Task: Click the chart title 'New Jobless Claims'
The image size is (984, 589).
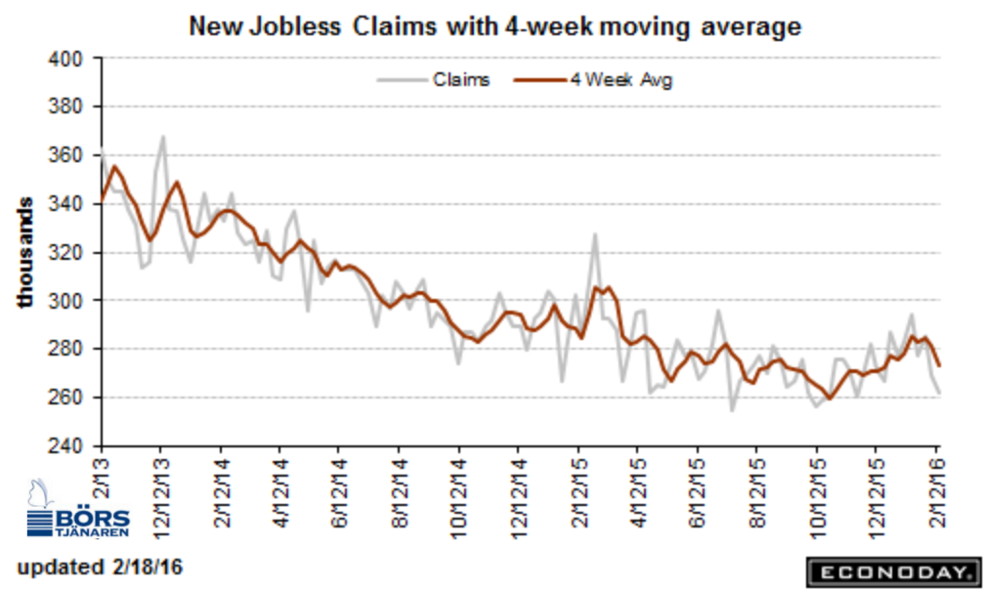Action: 313,27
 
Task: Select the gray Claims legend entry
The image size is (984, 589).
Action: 433,80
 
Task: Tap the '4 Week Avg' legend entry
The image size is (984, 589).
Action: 593,80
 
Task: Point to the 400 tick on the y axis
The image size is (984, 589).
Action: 65,59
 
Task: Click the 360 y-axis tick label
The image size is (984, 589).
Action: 65,155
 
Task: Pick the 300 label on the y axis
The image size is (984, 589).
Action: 65,301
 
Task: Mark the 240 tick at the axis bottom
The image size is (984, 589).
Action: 65,446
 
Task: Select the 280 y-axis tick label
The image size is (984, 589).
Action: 65,349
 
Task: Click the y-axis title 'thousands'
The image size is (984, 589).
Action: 24,252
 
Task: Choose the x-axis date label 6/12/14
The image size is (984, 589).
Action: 339,493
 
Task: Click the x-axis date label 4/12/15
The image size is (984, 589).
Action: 638,493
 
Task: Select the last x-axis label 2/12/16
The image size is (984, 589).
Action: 936,493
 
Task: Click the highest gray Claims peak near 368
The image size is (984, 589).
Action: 163,136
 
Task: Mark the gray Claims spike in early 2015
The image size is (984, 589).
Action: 594,234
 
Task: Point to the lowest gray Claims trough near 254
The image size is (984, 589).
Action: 732,411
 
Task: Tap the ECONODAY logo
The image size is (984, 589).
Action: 894,572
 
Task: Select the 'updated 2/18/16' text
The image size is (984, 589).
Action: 100,568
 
